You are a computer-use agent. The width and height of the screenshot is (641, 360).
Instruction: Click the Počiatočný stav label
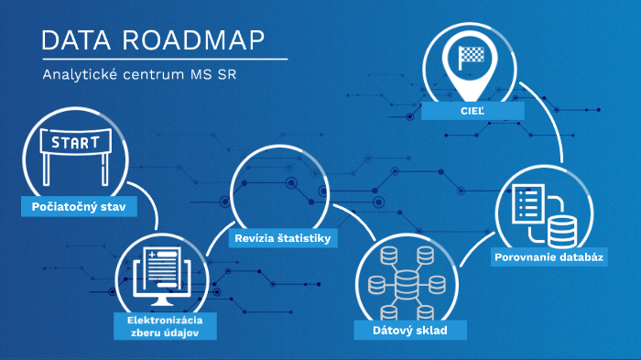click(78, 207)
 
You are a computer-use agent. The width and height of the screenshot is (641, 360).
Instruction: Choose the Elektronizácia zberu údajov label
click(166, 326)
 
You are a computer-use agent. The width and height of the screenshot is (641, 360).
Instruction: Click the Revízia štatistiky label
click(282, 239)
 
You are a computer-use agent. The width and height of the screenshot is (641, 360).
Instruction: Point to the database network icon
click(406, 275)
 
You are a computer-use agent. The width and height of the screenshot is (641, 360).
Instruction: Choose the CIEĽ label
click(473, 111)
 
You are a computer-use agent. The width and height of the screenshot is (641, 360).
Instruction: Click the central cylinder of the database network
click(406, 278)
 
